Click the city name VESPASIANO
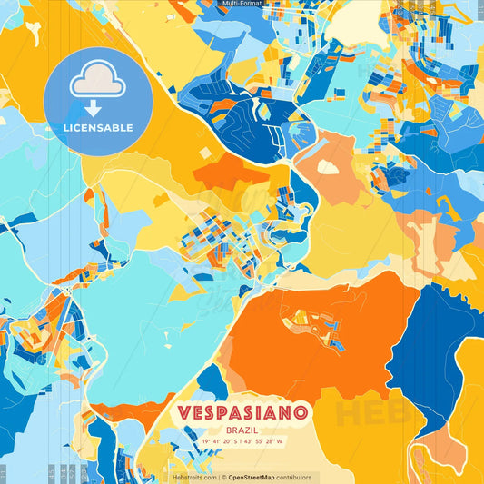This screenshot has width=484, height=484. coord(242,412)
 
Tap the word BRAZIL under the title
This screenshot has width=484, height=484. coord(242,429)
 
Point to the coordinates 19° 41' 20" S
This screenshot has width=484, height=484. coord(211,441)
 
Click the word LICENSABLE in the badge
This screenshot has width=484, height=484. coord(98,128)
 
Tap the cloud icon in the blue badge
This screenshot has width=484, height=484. coord(97,78)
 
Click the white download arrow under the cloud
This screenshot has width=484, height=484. coord(93,108)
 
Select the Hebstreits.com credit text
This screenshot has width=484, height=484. coord(194,477)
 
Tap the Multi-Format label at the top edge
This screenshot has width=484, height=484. coord(242,4)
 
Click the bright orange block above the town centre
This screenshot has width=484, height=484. coord(232,173)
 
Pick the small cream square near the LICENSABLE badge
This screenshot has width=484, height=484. coord(204,153)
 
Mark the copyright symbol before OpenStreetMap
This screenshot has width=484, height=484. coord(223,477)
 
